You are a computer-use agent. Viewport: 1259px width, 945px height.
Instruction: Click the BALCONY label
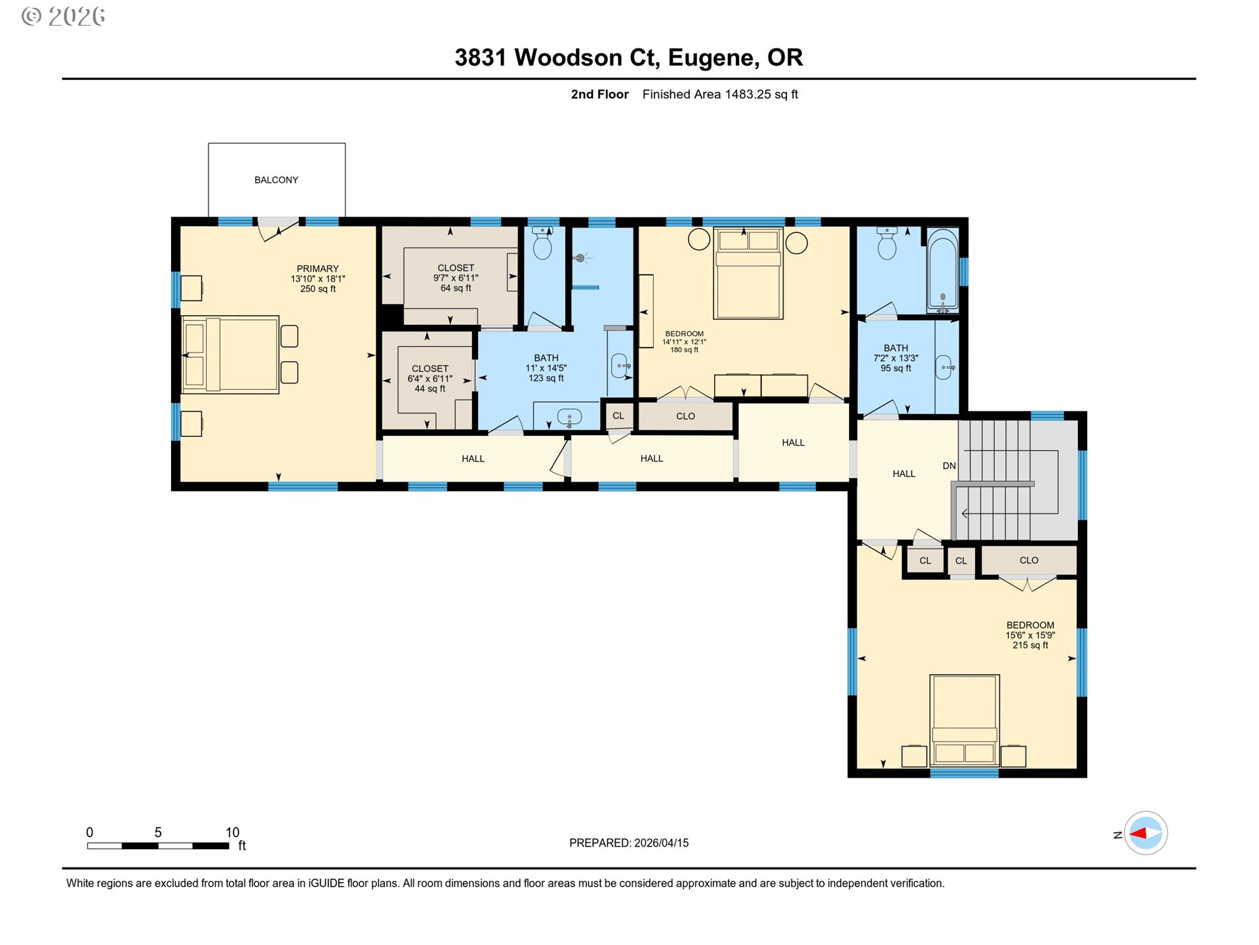pos(276,180)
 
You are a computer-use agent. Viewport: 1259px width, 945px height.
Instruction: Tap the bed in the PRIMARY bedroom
pos(230,355)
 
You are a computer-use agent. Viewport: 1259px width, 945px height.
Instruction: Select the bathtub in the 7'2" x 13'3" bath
pos(942,270)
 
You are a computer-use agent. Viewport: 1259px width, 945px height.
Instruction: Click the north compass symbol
pos(1145,833)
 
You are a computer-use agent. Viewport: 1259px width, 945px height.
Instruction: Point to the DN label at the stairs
pos(949,466)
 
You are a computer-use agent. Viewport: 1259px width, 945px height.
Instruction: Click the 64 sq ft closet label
pos(455,278)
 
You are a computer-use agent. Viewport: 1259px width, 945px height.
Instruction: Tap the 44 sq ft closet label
pos(430,379)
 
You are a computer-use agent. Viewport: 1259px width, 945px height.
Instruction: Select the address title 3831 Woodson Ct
pos(628,58)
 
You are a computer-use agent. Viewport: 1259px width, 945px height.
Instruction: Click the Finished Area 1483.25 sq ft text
pos(719,94)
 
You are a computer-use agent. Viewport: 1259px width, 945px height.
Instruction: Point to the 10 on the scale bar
pos(232,832)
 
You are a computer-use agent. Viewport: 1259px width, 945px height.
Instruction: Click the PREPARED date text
pos(628,843)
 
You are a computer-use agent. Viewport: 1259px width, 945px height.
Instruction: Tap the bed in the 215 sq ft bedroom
pos(964,720)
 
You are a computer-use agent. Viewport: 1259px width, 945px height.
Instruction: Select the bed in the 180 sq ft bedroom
pos(748,273)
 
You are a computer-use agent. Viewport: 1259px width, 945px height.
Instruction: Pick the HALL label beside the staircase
pos(903,474)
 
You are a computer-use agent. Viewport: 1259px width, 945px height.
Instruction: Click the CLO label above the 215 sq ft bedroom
pos(1028,560)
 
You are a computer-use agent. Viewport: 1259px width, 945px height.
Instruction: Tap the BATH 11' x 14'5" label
pos(546,367)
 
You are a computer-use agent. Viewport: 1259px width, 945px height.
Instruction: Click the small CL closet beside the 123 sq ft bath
pos(618,416)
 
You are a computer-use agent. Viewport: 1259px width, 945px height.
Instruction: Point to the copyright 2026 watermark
pos(64,16)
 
